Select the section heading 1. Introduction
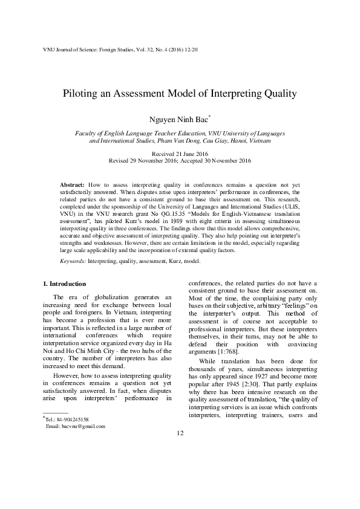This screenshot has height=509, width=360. click(x=65, y=284)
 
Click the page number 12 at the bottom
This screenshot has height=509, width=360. click(x=180, y=468)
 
